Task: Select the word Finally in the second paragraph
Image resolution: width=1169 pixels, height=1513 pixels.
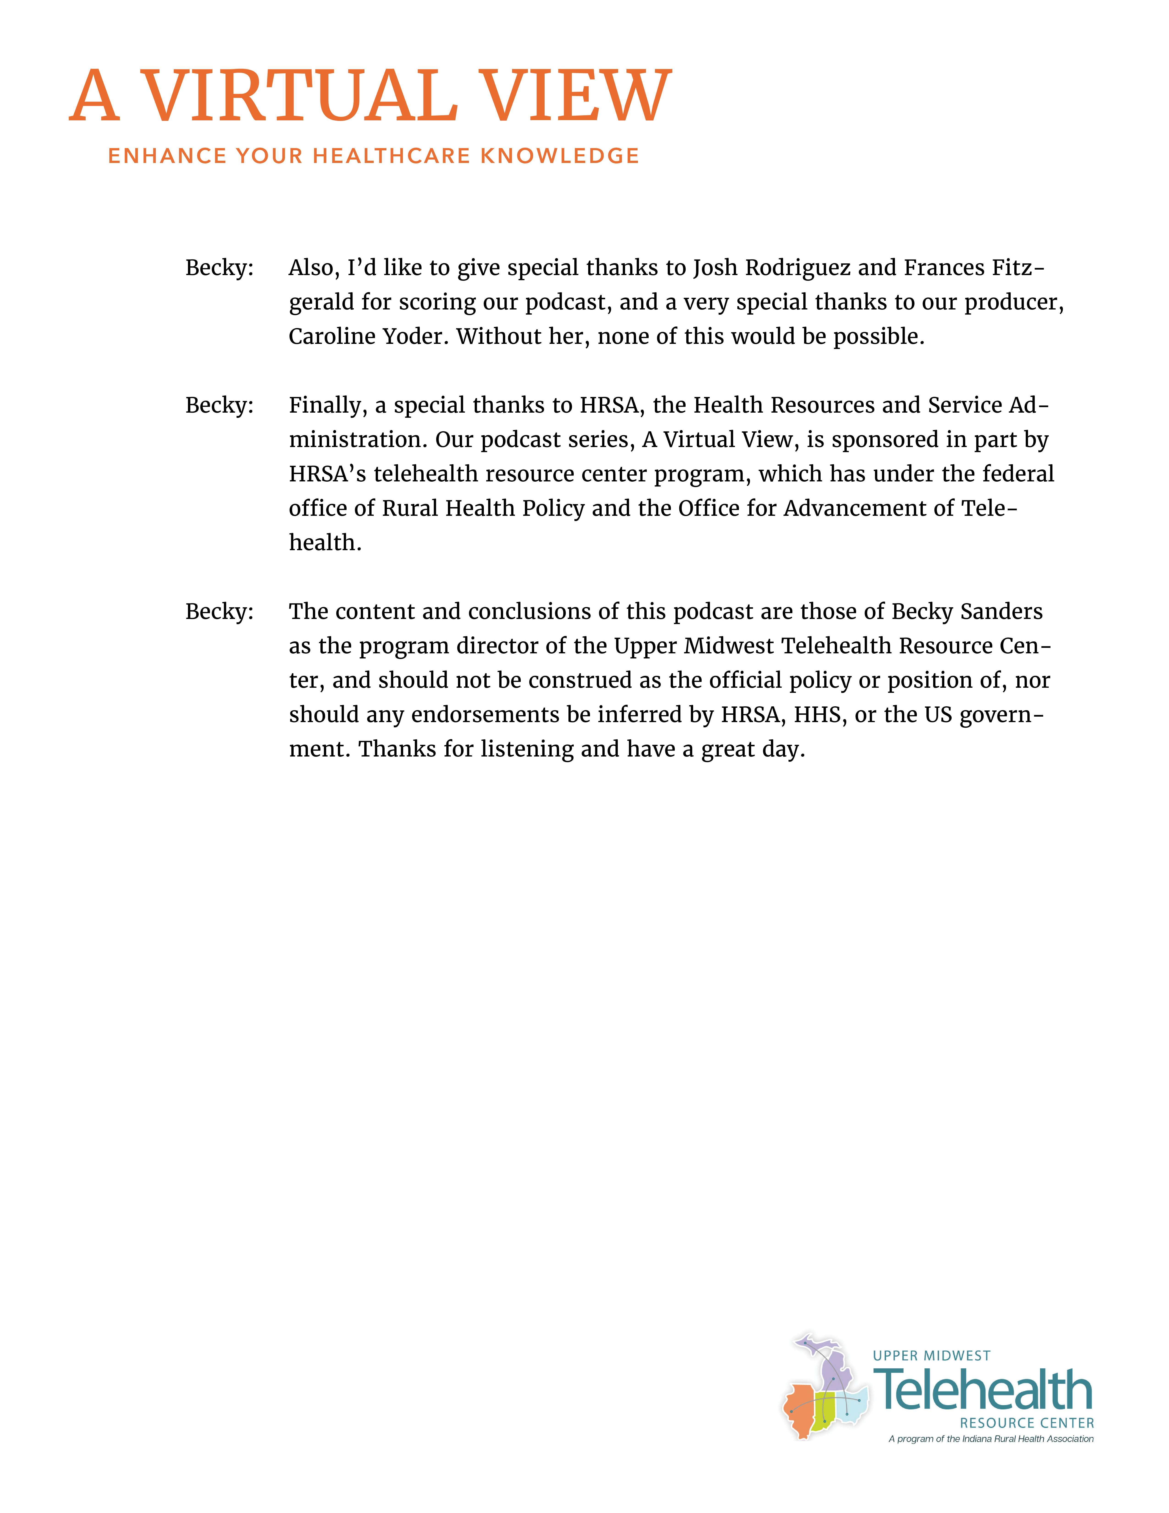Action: pyautogui.click(x=327, y=405)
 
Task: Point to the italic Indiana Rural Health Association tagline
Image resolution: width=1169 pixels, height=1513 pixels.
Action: pyautogui.click(x=990, y=1439)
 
